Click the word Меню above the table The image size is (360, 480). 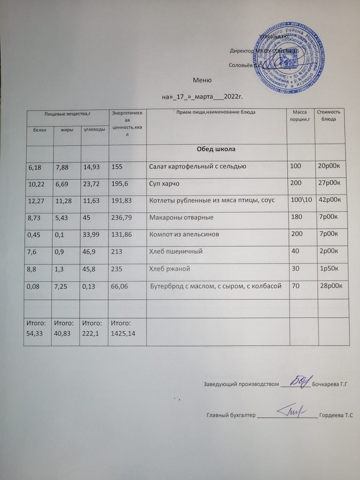pyautogui.click(x=203, y=80)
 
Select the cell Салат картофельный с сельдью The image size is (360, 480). pyautogui.click(x=197, y=167)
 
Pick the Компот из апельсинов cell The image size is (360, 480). pyautogui.click(x=184, y=235)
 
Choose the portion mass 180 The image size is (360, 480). pyautogui.click(x=295, y=217)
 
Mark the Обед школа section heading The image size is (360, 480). pyautogui.click(x=217, y=149)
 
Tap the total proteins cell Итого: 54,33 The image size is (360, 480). pyautogui.click(x=37, y=328)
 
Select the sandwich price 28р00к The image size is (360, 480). pyautogui.click(x=330, y=285)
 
